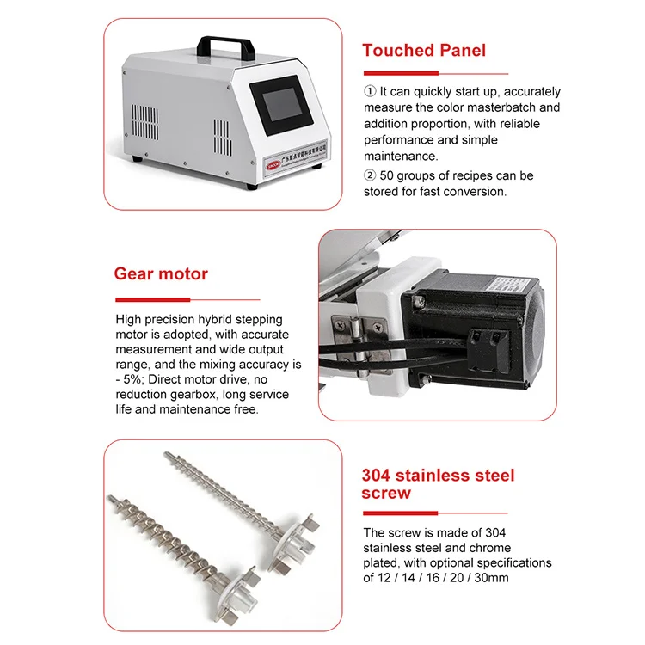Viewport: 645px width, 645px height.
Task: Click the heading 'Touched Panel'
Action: [424, 50]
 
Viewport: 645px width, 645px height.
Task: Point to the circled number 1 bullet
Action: [370, 91]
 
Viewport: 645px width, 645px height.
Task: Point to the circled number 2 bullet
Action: [370, 175]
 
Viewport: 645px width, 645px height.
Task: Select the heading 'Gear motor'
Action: [161, 274]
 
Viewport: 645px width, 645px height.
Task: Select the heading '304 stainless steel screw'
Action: [438, 484]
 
